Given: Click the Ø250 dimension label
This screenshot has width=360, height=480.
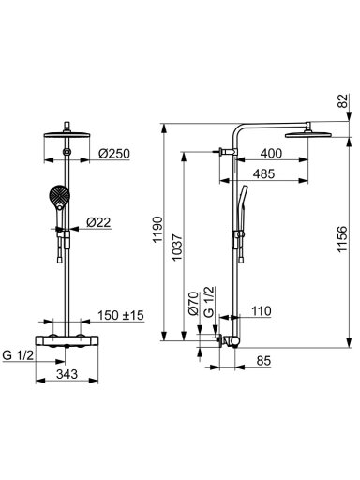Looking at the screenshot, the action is (x=114, y=154).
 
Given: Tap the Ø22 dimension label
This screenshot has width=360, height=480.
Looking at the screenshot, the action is (x=98, y=222).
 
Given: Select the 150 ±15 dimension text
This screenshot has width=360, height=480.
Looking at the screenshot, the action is (x=121, y=315).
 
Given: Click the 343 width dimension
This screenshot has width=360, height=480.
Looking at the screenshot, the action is (x=67, y=374).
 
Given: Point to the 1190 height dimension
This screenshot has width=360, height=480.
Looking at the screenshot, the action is (x=158, y=229).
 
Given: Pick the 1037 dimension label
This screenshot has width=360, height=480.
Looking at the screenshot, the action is (x=177, y=247).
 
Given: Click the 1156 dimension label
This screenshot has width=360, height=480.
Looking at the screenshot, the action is (x=342, y=239).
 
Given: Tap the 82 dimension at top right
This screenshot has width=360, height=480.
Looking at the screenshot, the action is (x=343, y=100).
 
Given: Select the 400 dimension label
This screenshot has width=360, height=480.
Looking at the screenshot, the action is (x=271, y=154).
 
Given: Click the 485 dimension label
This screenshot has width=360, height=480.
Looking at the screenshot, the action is (x=263, y=173).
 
